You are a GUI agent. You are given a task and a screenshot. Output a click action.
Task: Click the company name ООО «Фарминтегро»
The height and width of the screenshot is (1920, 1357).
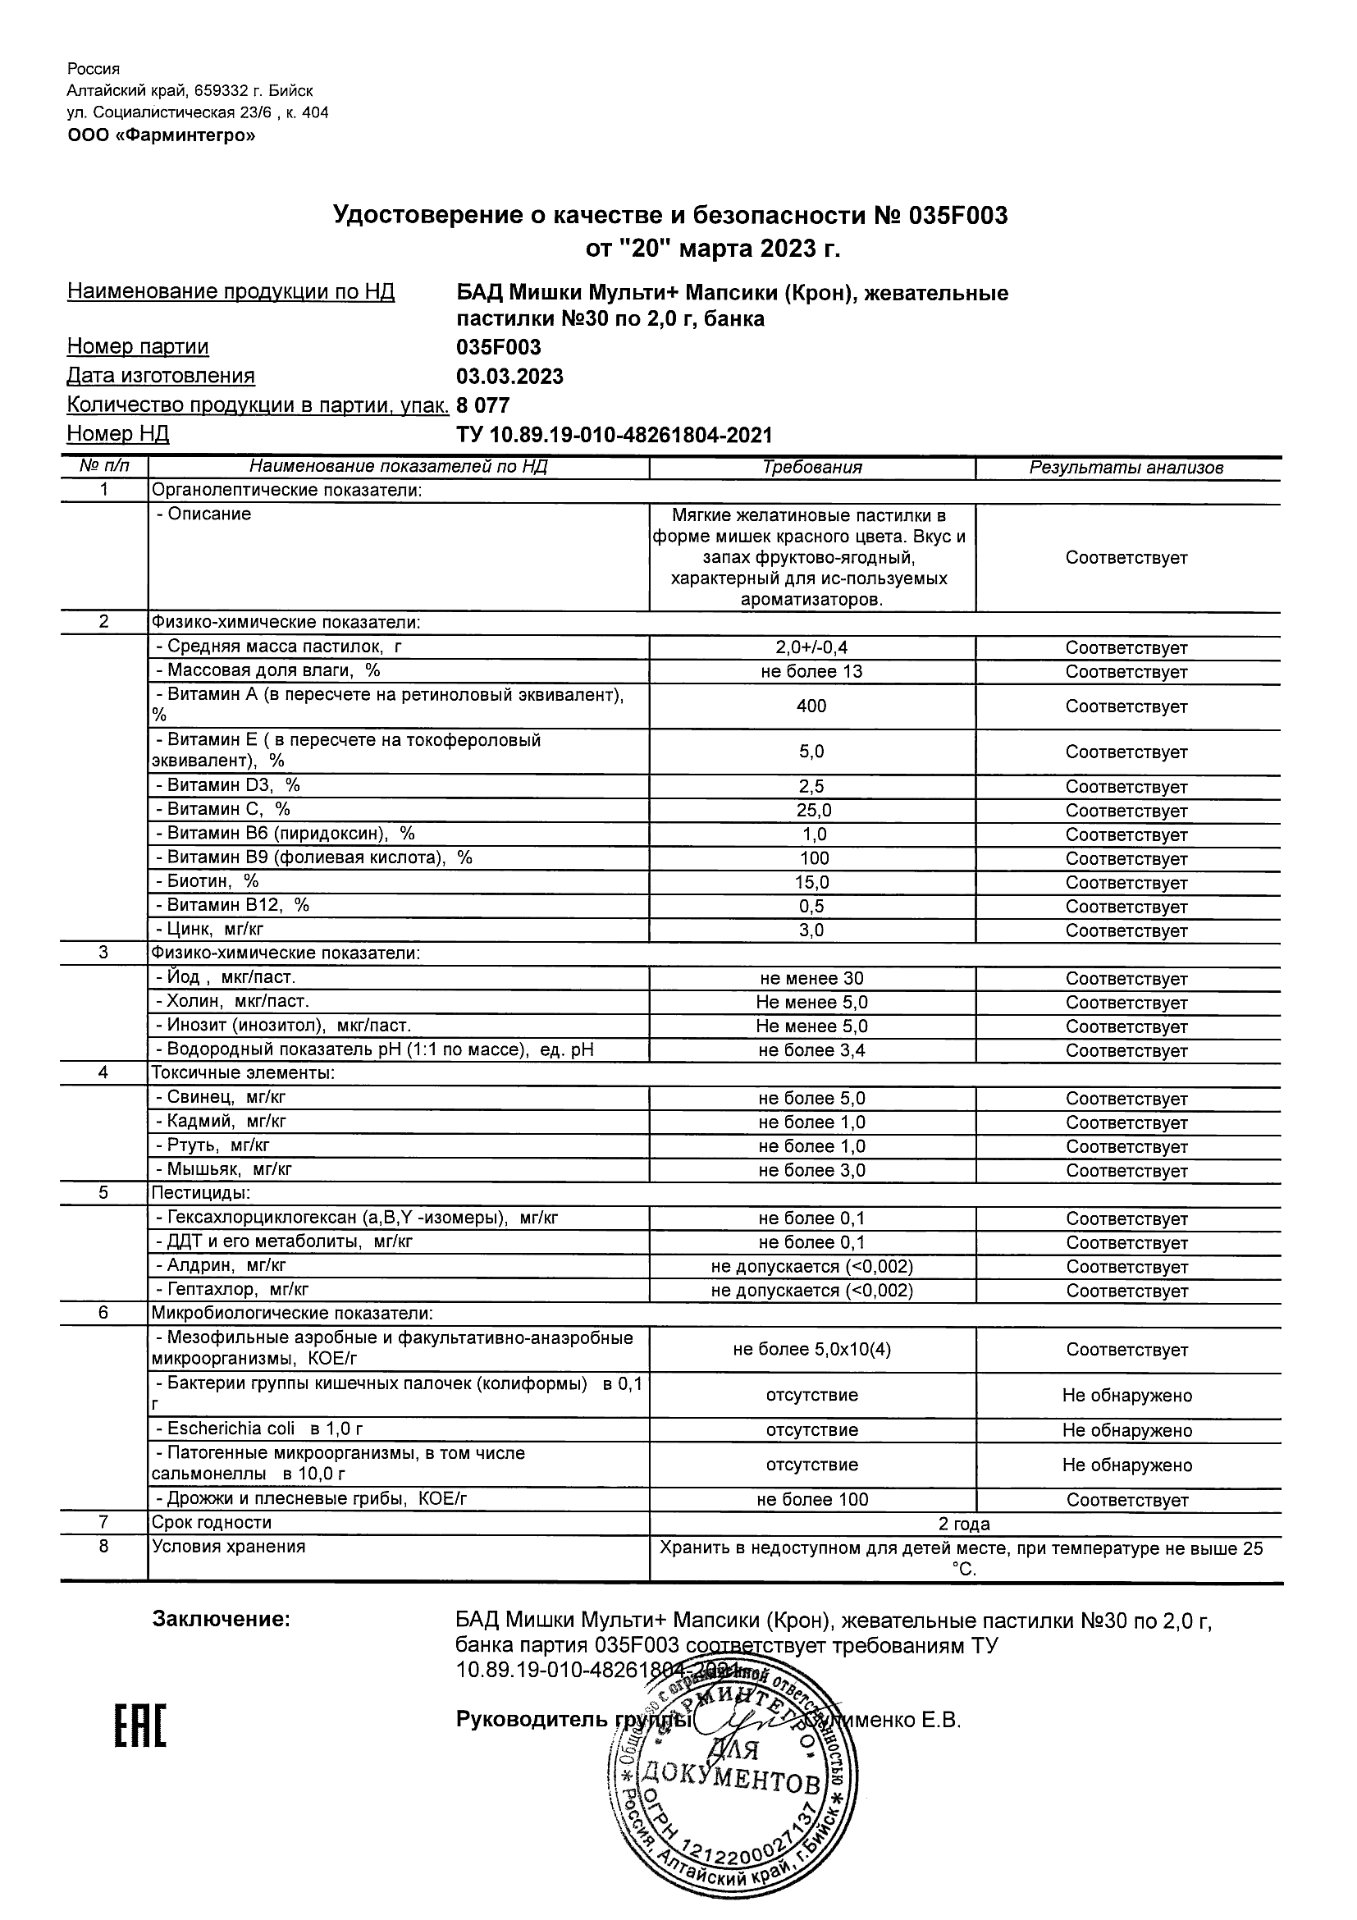[x=162, y=135]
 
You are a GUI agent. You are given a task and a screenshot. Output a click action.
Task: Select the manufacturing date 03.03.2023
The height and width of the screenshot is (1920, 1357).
[x=509, y=377]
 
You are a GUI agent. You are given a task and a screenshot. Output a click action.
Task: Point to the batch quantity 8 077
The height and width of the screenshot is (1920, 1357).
[x=482, y=405]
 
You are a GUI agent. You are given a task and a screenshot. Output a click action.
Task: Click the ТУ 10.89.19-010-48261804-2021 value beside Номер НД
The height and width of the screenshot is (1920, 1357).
[x=614, y=435]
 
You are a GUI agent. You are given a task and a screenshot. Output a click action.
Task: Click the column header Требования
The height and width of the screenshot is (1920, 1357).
[x=811, y=468]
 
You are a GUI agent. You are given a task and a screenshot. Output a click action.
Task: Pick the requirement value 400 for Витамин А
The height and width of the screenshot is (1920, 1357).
[x=811, y=706]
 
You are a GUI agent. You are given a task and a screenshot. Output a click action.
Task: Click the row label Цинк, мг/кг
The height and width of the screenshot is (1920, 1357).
[x=215, y=928]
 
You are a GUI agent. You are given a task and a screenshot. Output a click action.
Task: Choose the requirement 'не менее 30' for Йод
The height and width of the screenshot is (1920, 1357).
[x=811, y=978]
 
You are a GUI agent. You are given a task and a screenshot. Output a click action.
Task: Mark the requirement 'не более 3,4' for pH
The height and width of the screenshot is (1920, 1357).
[x=811, y=1050]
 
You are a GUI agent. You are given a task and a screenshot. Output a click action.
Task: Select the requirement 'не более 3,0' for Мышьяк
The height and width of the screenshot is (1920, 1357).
[x=811, y=1171]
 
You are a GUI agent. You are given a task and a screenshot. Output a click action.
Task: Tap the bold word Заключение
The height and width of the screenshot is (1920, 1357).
[x=221, y=1620]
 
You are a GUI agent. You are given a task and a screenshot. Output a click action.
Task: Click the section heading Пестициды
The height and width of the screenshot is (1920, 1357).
[x=201, y=1193]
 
